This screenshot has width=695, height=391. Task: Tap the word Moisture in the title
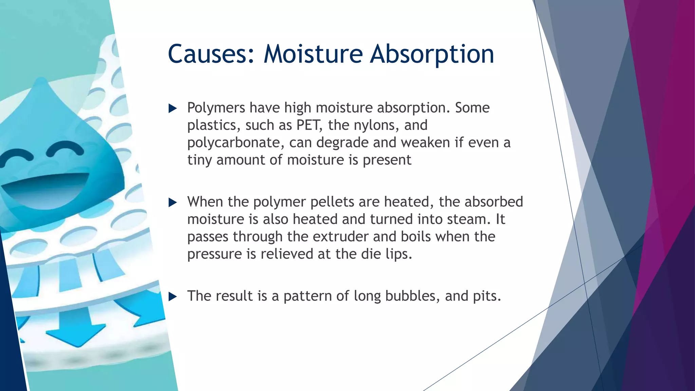[x=313, y=54]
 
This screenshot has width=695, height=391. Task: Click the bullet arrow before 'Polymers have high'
[x=173, y=109]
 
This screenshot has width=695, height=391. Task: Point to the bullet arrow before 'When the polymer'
[x=173, y=203]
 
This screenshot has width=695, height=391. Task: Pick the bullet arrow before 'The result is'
[x=173, y=297]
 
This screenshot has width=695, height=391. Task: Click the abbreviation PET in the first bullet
[x=308, y=125]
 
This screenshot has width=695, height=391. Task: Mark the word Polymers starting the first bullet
[x=216, y=108]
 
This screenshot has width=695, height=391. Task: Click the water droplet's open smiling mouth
[x=44, y=190]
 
